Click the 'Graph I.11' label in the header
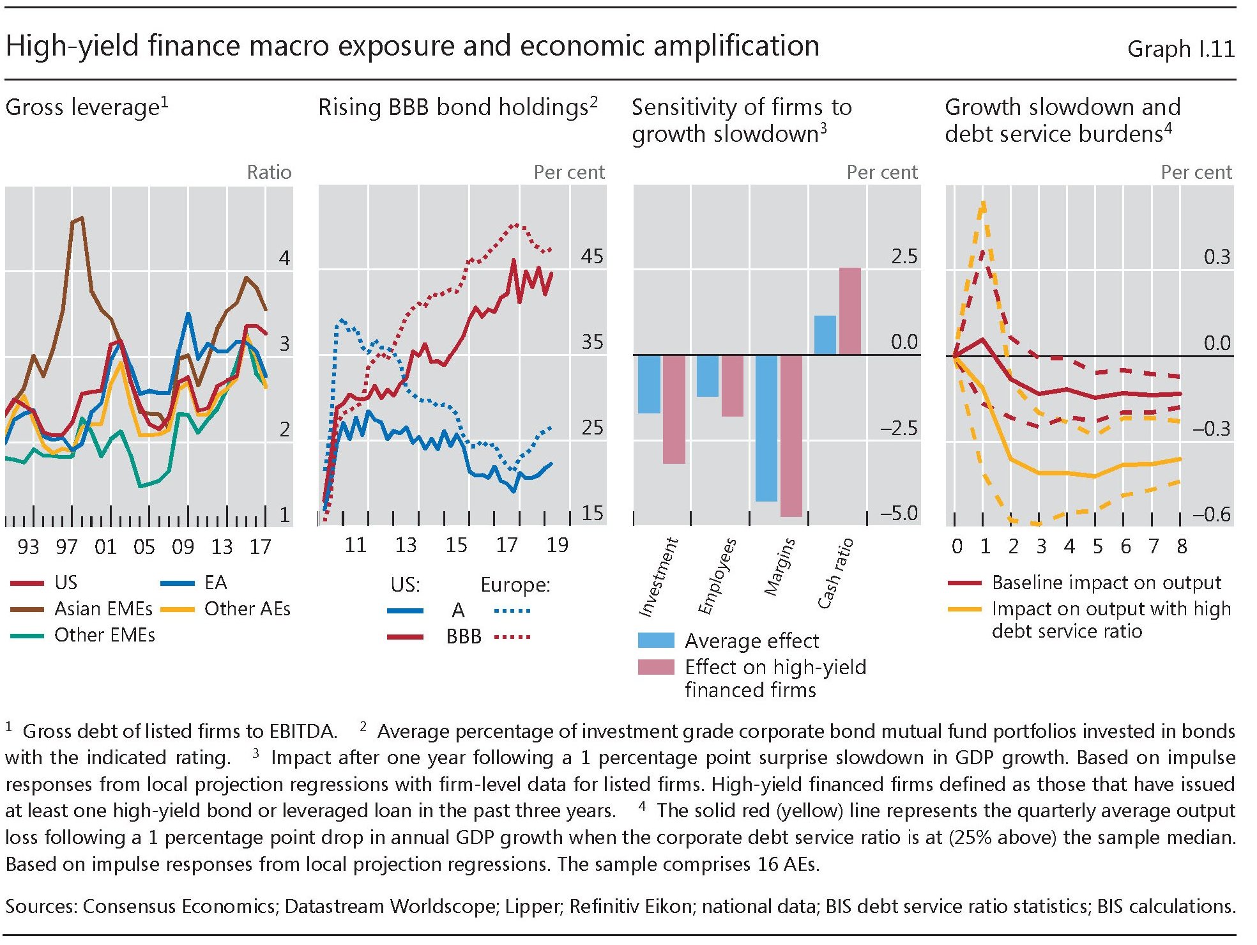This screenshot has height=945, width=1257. (1180, 49)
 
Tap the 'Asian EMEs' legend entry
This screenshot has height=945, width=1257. (103, 608)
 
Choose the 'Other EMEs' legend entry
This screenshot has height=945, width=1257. (104, 634)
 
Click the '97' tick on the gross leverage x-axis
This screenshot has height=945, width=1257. (66, 546)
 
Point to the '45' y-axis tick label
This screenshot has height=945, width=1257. (592, 256)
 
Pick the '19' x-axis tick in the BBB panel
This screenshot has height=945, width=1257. (557, 545)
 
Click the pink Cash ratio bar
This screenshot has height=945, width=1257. (849, 311)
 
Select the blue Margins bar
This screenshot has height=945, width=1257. (766, 427)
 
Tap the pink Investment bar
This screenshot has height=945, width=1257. (674, 409)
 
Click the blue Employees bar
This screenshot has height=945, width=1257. (707, 376)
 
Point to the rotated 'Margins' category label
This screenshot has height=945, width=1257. (780, 567)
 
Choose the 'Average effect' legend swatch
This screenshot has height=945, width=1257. (656, 640)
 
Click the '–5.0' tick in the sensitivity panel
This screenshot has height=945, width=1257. (898, 513)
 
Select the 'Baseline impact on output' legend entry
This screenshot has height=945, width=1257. (1106, 583)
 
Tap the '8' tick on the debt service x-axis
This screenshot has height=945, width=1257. (1182, 546)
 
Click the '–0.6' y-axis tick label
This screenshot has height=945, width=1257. (1211, 514)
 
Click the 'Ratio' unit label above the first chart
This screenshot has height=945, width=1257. (269, 172)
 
